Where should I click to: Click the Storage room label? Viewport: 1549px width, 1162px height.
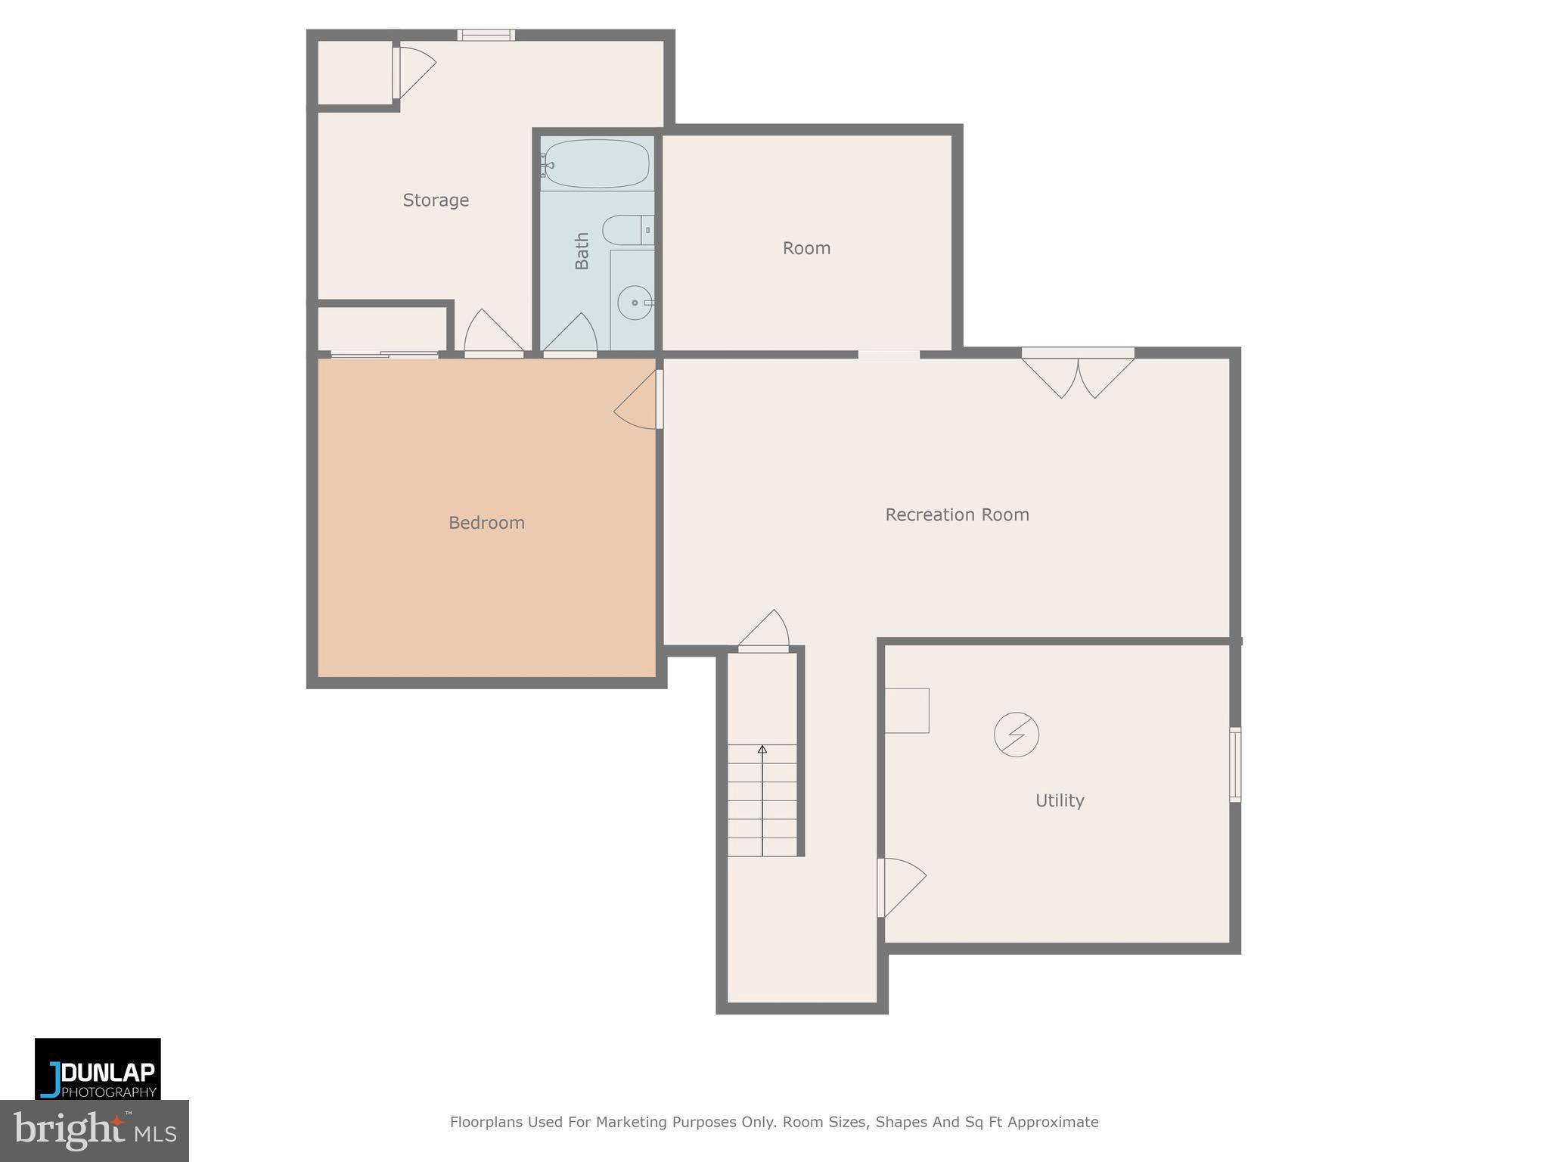point(436,200)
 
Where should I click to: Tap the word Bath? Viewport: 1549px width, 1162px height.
point(582,250)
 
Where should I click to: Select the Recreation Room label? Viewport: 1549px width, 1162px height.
point(957,514)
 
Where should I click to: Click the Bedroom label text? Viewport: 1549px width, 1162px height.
point(486,523)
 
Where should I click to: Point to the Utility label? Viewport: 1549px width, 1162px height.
point(1059,800)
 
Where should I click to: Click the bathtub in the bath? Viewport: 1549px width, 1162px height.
point(597,163)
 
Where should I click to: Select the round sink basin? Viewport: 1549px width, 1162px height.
point(634,303)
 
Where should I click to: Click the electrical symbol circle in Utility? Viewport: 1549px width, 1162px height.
point(1016,734)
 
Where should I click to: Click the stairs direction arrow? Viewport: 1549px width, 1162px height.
point(762,750)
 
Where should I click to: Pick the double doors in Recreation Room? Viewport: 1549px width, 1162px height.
point(1078,374)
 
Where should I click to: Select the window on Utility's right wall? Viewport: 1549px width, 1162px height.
point(1234,764)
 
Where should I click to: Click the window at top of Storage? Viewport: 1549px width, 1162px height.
point(486,35)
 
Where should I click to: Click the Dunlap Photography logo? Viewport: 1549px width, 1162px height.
point(98,1069)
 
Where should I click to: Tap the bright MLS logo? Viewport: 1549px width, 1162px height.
point(94,1131)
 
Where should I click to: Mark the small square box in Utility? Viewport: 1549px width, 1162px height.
point(906,710)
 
